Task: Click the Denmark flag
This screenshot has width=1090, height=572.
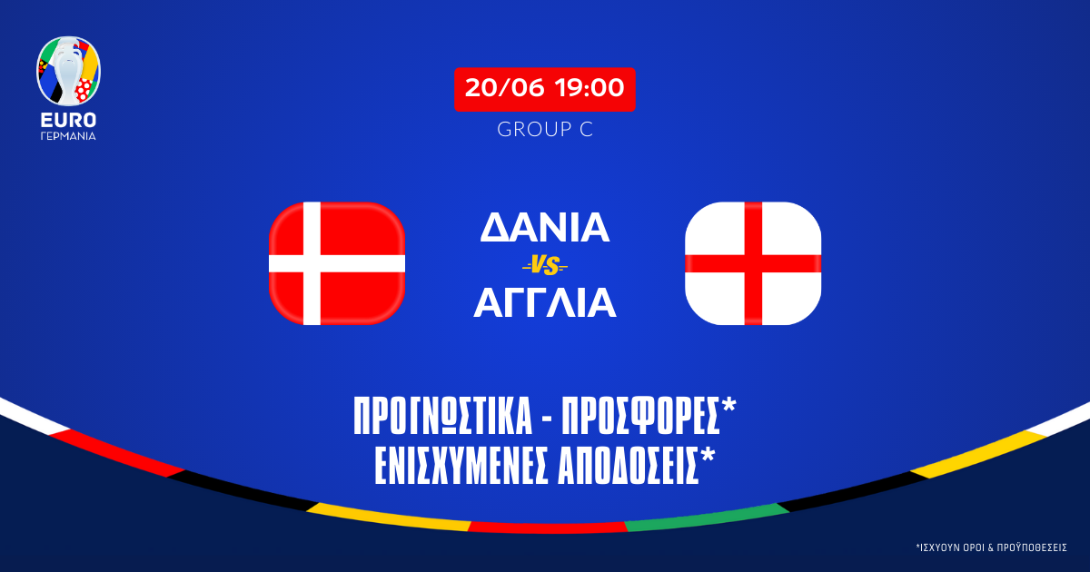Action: pyautogui.click(x=337, y=263)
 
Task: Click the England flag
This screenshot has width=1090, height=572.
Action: pyautogui.click(x=753, y=263)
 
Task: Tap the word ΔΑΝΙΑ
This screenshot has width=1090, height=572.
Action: pyautogui.click(x=545, y=228)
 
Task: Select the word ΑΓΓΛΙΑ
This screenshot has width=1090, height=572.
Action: pyautogui.click(x=545, y=304)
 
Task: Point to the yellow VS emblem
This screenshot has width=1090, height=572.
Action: pyautogui.click(x=545, y=266)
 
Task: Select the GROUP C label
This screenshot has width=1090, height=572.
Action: pyautogui.click(x=545, y=130)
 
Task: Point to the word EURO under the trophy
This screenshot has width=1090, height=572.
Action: pyautogui.click(x=68, y=119)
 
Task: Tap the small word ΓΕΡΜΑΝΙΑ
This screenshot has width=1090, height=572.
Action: pyautogui.click(x=68, y=136)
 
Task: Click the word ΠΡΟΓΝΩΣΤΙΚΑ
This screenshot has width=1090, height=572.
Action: pyautogui.click(x=444, y=419)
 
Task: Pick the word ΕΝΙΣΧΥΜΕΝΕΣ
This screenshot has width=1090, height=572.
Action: pyautogui.click(x=462, y=466)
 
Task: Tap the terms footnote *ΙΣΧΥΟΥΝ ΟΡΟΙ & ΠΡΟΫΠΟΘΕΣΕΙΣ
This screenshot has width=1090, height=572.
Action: pyautogui.click(x=991, y=547)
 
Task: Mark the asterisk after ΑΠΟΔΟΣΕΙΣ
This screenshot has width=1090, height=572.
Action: pyautogui.click(x=708, y=456)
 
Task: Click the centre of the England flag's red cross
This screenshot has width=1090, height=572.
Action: pyautogui.click(x=753, y=263)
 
